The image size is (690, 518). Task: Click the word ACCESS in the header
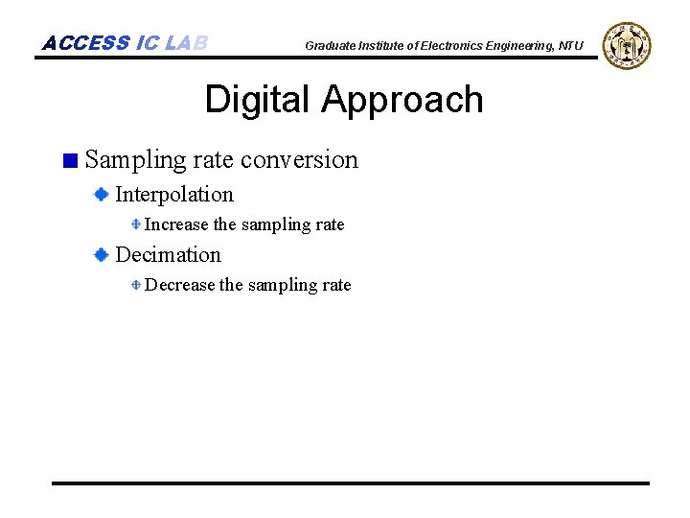click(x=86, y=43)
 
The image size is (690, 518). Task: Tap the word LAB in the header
click(x=186, y=43)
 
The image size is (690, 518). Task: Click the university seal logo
click(x=627, y=45)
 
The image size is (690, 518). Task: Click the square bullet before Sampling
click(x=69, y=160)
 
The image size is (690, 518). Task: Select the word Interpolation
click(x=173, y=195)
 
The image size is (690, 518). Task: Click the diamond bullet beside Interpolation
click(x=101, y=195)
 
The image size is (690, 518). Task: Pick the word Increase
click(x=175, y=224)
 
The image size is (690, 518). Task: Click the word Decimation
click(x=168, y=255)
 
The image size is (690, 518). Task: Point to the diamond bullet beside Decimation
click(x=101, y=255)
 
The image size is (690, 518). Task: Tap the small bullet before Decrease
click(x=136, y=285)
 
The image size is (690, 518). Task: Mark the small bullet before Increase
click(x=136, y=224)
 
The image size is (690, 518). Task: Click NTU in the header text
click(x=571, y=46)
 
